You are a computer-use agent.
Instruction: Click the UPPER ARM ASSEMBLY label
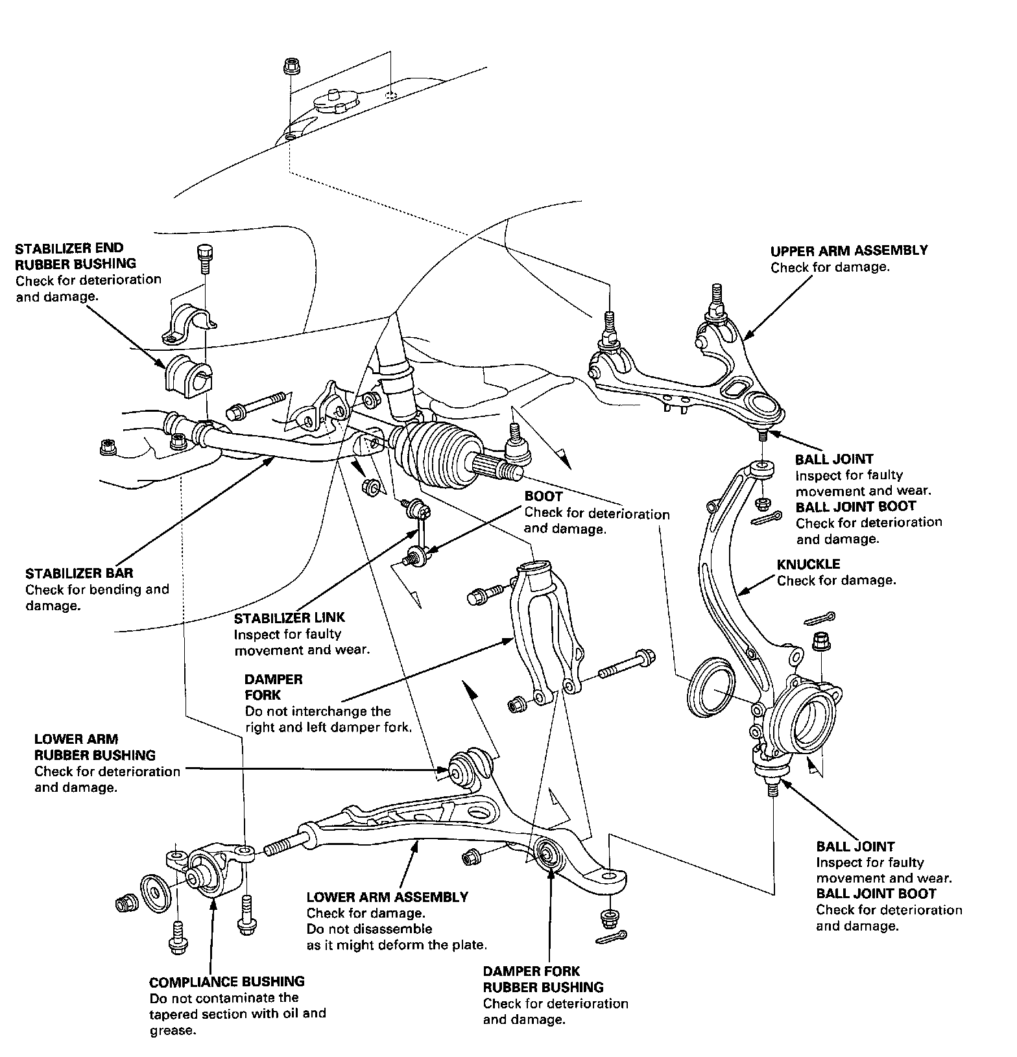coord(848,251)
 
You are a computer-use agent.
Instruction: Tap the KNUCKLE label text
coord(808,564)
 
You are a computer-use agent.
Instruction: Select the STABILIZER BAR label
coord(79,574)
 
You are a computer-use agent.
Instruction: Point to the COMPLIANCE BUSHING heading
coord(226,982)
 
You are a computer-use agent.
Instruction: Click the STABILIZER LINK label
coord(289,618)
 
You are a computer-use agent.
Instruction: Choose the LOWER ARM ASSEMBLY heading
coord(387,897)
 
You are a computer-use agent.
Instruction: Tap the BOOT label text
coord(543,497)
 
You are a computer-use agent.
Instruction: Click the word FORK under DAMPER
coord(262,695)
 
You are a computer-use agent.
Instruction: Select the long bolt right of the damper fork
coord(627,664)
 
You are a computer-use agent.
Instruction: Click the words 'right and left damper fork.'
coord(328,727)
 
